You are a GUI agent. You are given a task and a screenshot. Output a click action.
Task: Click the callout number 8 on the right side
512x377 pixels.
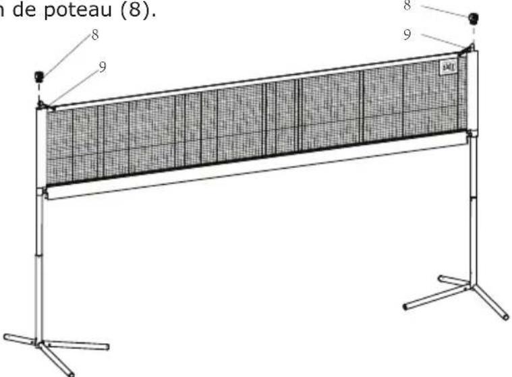point(405,5)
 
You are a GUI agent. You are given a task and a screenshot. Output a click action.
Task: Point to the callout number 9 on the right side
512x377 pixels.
point(407,34)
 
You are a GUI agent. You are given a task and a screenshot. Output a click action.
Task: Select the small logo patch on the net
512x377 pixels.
point(447,67)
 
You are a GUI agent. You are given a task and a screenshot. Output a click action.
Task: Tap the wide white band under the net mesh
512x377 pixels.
point(256,165)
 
